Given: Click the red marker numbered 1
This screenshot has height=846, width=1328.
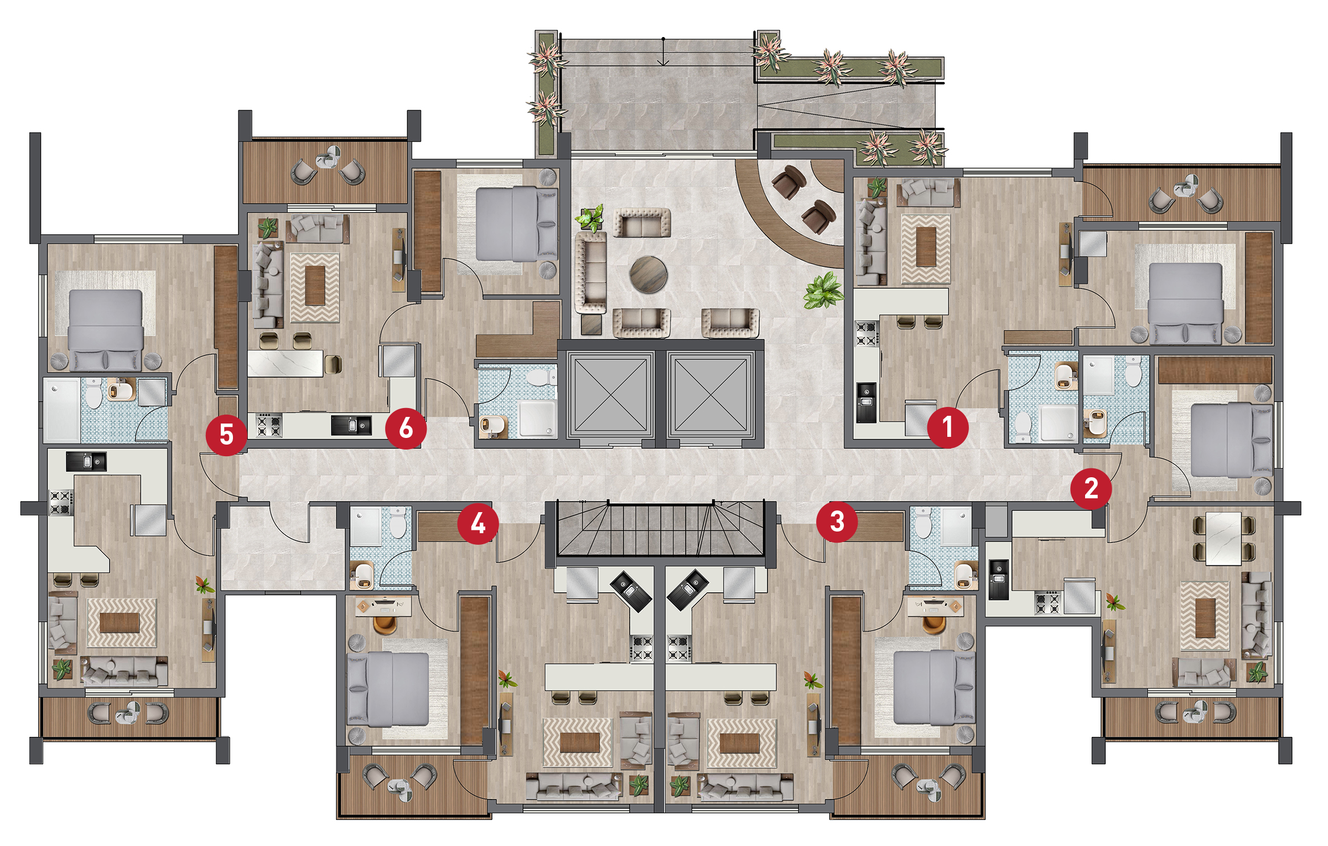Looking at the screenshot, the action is (947, 427).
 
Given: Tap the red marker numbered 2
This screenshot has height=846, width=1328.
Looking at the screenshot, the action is (1091, 488).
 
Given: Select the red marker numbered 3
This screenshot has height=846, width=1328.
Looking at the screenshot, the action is (837, 522).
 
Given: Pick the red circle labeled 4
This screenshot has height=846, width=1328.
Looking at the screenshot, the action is (478, 523).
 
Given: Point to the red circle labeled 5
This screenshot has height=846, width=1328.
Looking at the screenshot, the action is (226, 435).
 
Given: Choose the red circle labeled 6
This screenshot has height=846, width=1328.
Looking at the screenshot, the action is (406, 428).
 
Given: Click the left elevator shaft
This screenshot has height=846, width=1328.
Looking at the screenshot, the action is (610, 394).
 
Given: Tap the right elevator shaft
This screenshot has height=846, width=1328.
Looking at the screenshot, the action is (710, 394).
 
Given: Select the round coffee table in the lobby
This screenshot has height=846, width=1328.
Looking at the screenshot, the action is (648, 274).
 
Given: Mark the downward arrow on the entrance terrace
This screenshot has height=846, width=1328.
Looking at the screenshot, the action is (663, 51).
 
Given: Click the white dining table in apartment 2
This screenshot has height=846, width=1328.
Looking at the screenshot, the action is (1223, 538).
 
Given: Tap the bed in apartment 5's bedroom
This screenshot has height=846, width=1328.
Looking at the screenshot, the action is (106, 330).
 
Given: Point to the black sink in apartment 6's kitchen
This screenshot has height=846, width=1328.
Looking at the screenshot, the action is (351, 425).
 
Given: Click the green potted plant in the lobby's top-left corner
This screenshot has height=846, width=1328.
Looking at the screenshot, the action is (590, 218).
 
